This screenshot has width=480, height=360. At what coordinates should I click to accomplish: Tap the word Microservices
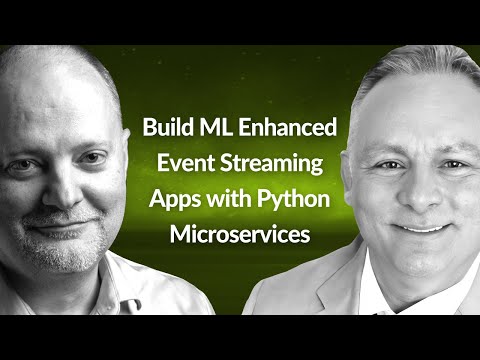pyautogui.click(x=240, y=233)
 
